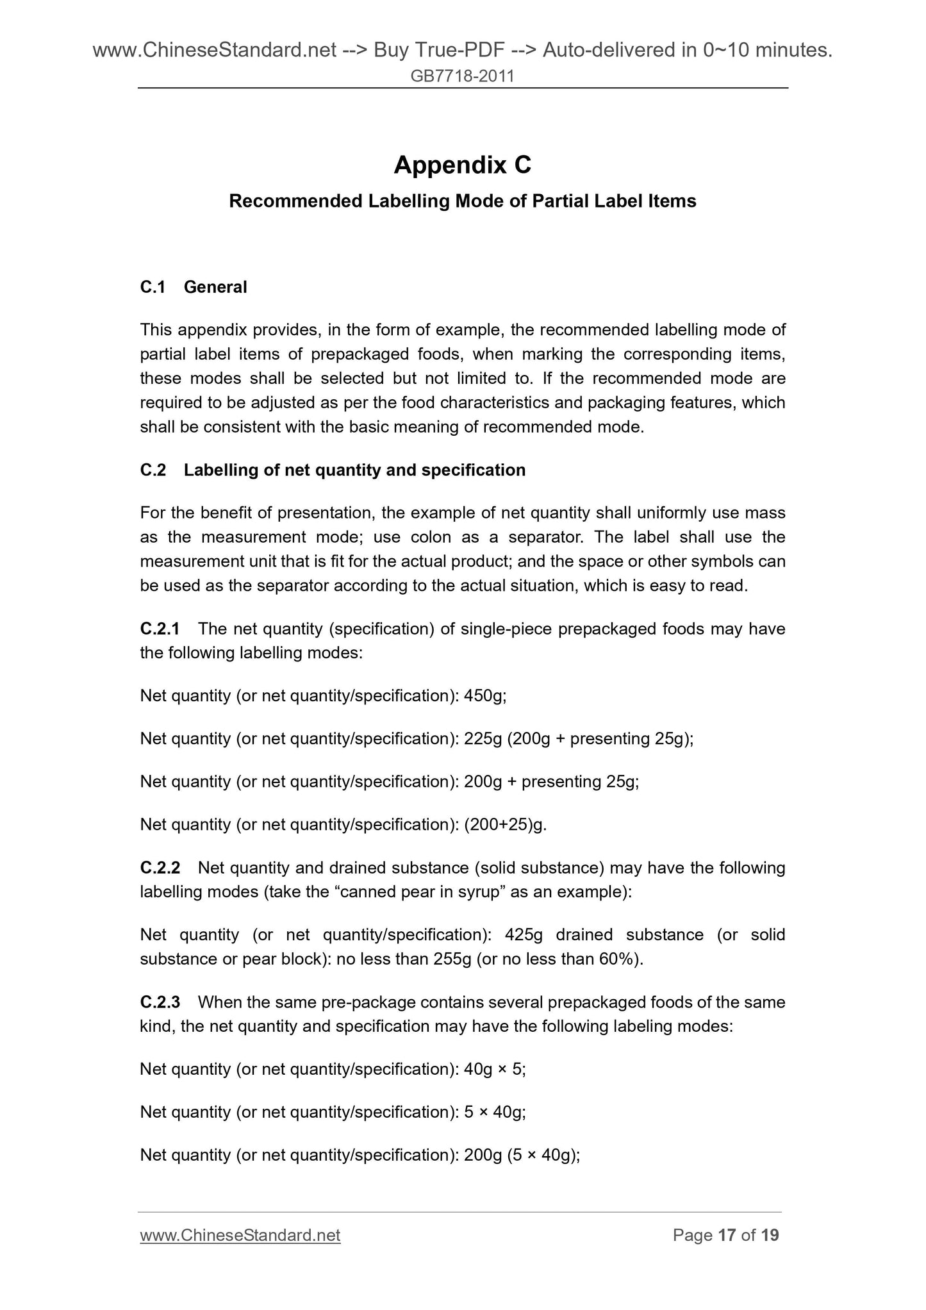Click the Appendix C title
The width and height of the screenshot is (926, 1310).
point(462,165)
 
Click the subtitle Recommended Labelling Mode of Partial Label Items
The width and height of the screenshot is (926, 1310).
point(462,201)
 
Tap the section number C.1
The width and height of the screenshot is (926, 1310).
point(153,287)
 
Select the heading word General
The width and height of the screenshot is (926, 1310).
point(215,287)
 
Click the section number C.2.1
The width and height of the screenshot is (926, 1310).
point(160,629)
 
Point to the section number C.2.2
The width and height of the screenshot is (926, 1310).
point(160,868)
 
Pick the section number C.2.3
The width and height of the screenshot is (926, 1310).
point(160,1002)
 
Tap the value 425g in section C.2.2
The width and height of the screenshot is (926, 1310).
point(524,934)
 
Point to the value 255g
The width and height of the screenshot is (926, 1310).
point(452,959)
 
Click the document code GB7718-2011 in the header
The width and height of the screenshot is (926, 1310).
point(462,77)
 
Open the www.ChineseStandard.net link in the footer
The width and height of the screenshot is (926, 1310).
point(240,1235)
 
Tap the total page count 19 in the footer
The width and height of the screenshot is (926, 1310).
point(770,1235)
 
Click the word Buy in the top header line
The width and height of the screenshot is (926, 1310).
point(393,49)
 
